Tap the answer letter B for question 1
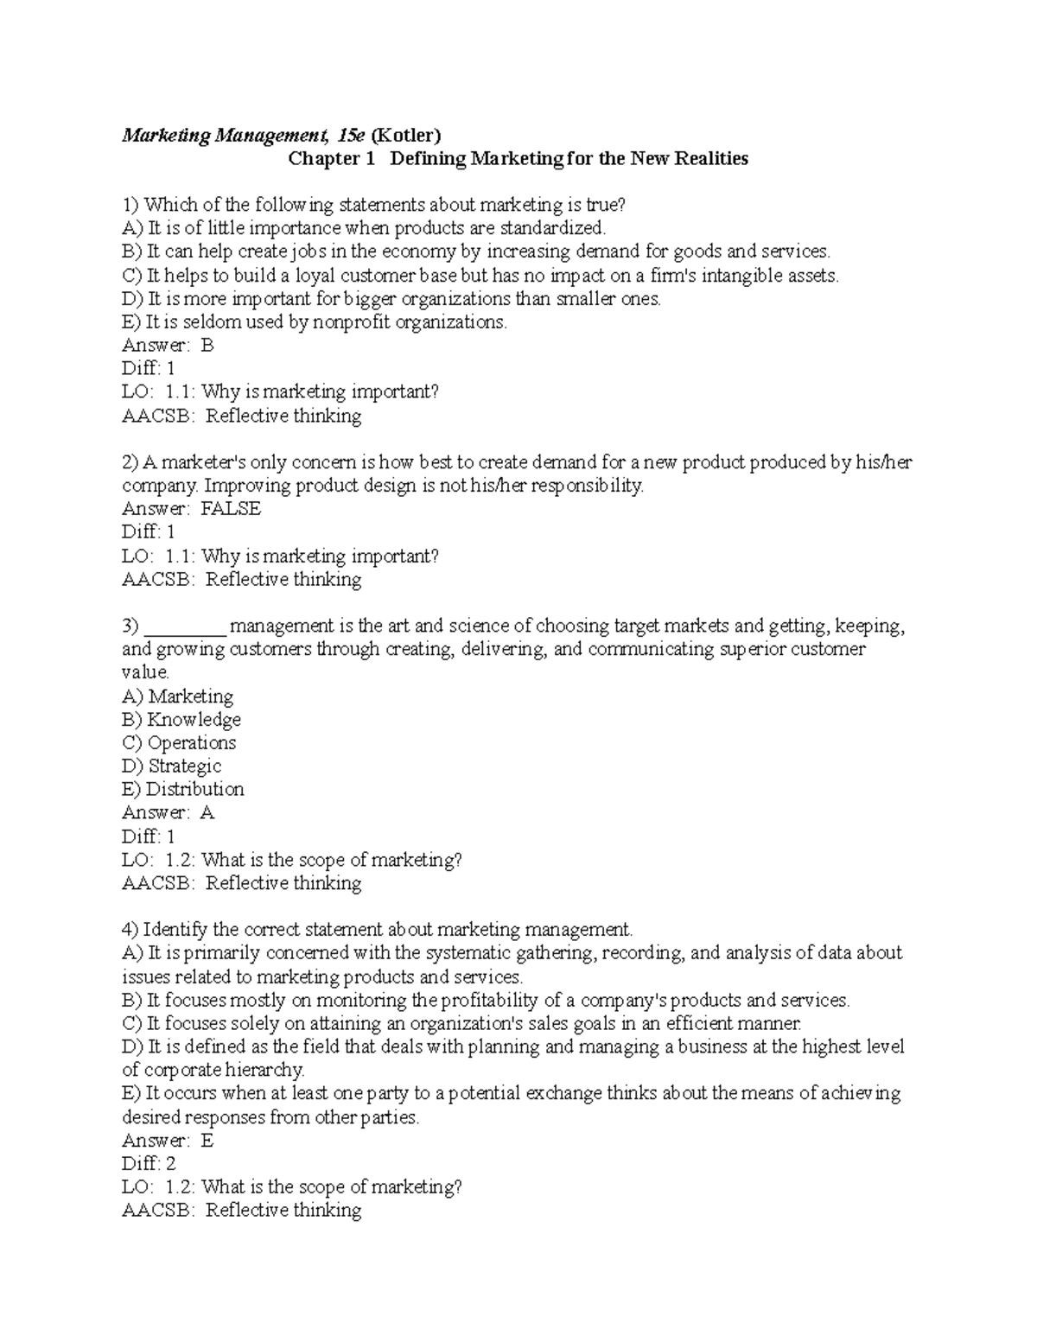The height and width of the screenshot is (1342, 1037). (x=207, y=346)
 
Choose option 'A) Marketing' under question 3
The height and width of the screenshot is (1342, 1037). (x=178, y=696)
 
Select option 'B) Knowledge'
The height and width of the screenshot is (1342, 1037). (x=181, y=720)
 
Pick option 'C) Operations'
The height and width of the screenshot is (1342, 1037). (x=179, y=743)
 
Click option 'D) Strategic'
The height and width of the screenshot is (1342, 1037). (x=172, y=766)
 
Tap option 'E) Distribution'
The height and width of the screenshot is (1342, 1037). (x=183, y=790)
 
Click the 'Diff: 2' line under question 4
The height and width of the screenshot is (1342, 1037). (x=149, y=1164)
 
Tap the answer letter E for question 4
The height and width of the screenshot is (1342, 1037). (x=207, y=1141)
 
